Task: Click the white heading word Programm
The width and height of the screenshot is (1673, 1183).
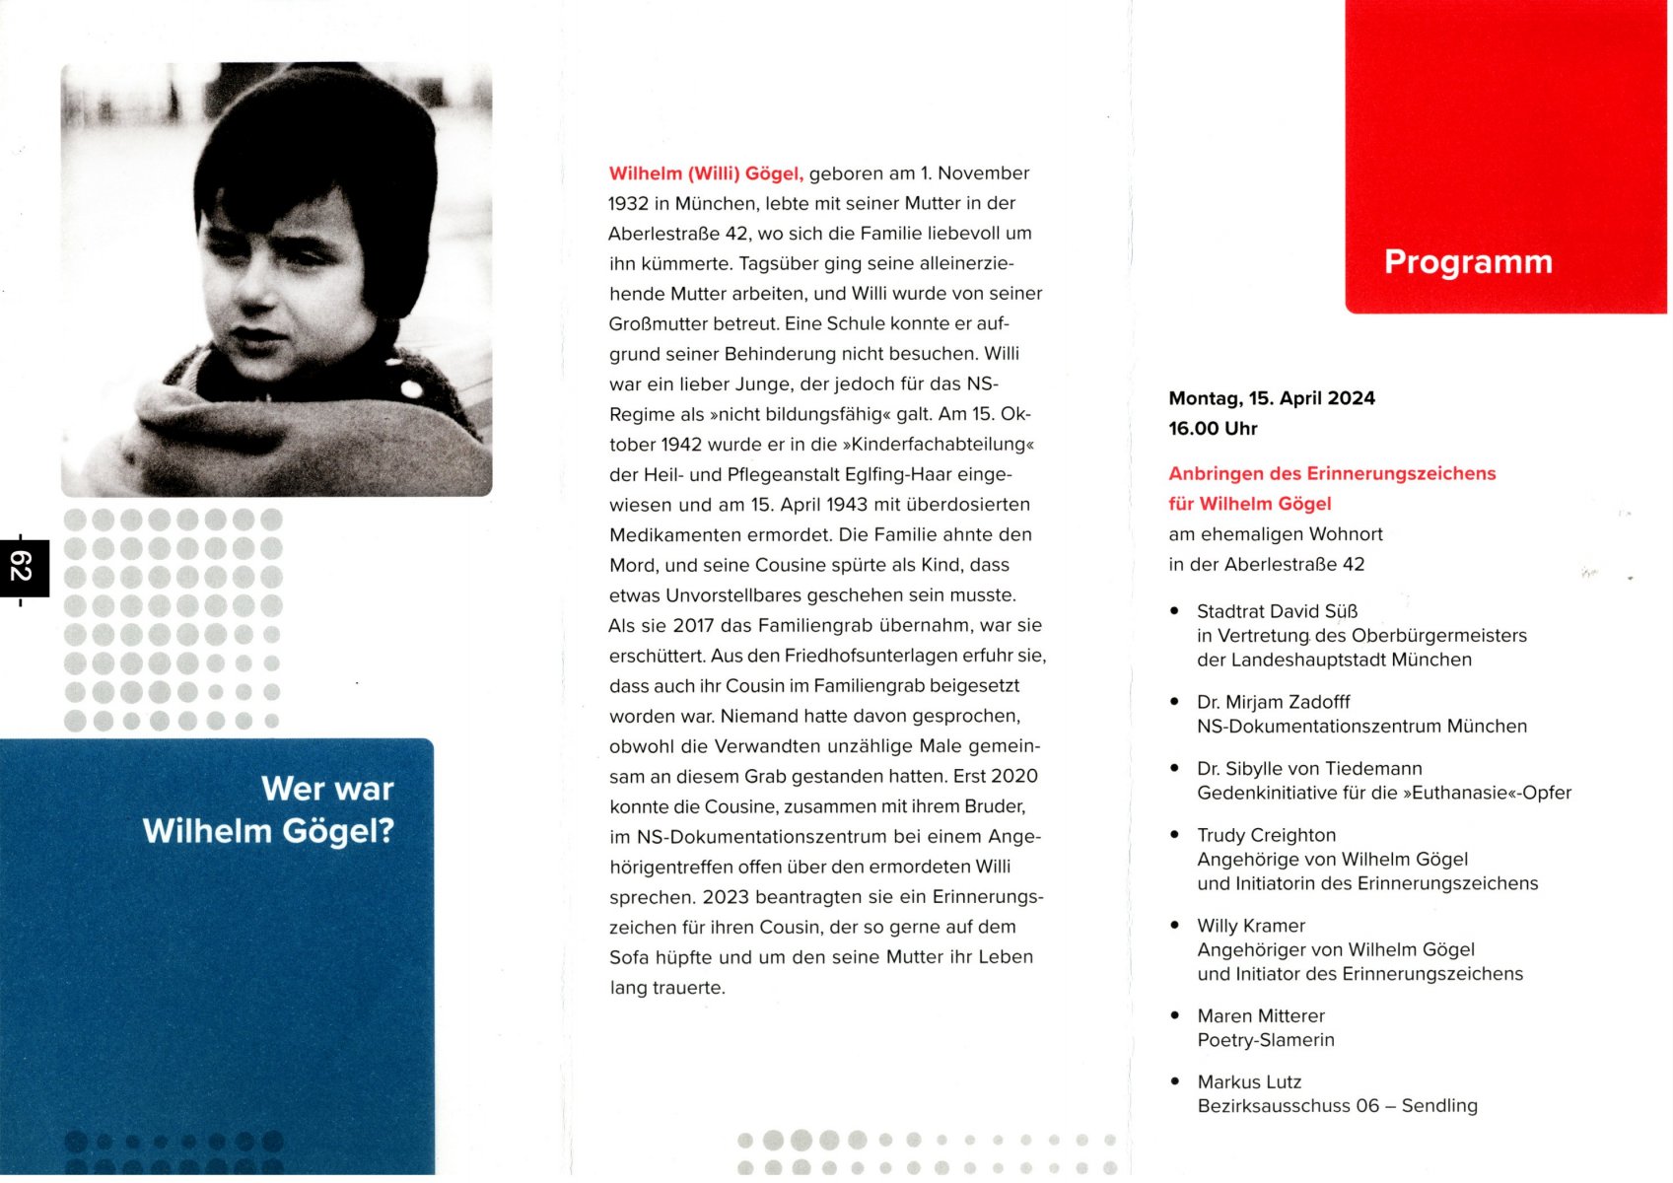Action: click(1467, 262)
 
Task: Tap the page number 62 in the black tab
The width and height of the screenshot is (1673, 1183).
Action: click(22, 567)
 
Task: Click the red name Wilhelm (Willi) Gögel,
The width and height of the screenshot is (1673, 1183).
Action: click(706, 174)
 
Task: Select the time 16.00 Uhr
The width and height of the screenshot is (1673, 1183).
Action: click(1213, 429)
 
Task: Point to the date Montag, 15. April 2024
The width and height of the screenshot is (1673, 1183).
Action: click(1271, 398)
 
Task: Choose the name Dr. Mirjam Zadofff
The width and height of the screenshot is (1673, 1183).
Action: click(1273, 702)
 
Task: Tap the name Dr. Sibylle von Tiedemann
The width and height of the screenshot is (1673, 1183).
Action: click(1309, 768)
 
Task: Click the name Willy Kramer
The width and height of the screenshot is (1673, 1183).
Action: click(1250, 926)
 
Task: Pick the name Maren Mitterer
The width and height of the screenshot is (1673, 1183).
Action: click(1261, 1015)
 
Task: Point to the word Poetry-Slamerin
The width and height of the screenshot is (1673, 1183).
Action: click(1265, 1040)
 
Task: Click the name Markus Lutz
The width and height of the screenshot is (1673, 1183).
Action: click(1249, 1081)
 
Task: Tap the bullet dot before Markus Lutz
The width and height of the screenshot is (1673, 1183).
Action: click(1174, 1081)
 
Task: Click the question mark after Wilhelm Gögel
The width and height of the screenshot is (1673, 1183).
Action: click(385, 831)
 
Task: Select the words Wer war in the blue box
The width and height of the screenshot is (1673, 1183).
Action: click(327, 789)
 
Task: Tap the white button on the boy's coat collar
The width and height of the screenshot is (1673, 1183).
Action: click(412, 389)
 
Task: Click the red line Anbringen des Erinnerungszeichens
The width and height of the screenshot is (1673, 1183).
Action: click(1331, 473)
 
